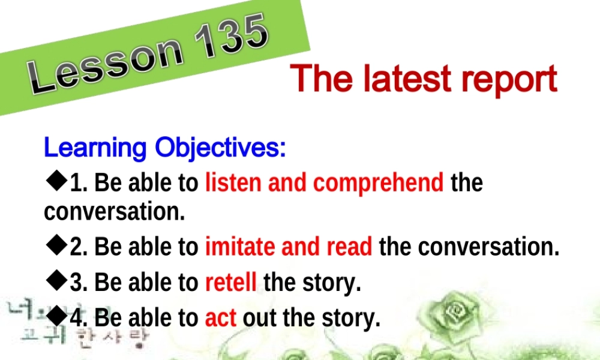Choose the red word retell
coord(231,282)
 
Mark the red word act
coord(220,317)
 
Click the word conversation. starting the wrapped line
coord(114,212)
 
